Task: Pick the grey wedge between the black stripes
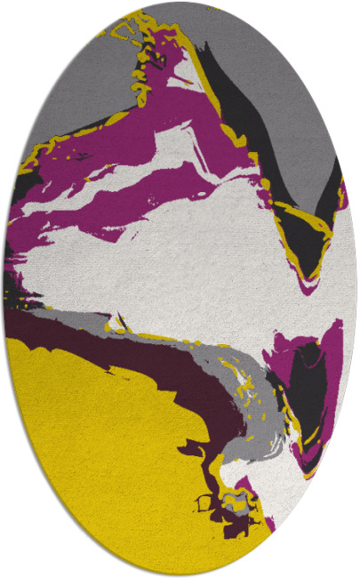point(284,107)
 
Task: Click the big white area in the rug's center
point(178,267)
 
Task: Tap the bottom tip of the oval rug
point(180,574)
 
